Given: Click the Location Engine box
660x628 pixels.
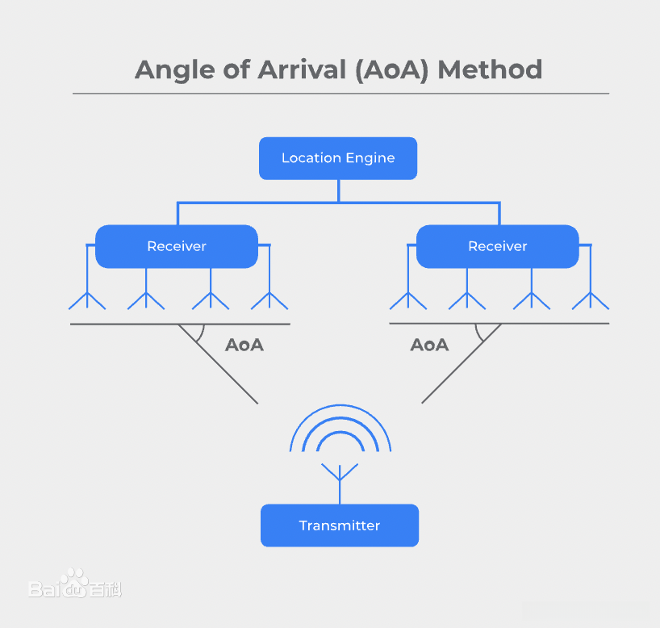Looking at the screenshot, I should point(338,158).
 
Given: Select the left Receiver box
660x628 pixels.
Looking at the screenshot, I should point(177,246).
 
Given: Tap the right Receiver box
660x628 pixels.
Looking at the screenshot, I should point(498,246).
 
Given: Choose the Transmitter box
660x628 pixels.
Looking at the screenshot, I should point(340,525).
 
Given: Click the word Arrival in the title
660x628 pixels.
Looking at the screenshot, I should point(306,69).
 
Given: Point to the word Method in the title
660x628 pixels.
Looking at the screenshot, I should point(490,69).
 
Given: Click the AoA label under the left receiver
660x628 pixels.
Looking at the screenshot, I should point(244,345).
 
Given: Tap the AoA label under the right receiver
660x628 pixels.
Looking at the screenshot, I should point(429,345).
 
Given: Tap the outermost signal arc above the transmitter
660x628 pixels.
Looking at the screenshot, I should point(340,406).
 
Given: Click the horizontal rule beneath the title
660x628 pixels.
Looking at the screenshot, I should point(340,94).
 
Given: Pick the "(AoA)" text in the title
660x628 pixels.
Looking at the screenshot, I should point(391,70).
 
